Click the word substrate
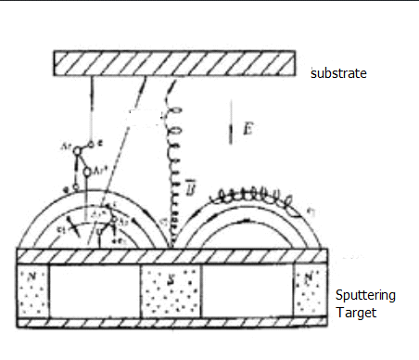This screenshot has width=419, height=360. click(x=338, y=71)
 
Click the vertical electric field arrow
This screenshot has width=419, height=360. click(x=231, y=129)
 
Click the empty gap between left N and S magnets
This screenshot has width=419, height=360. click(x=94, y=291)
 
